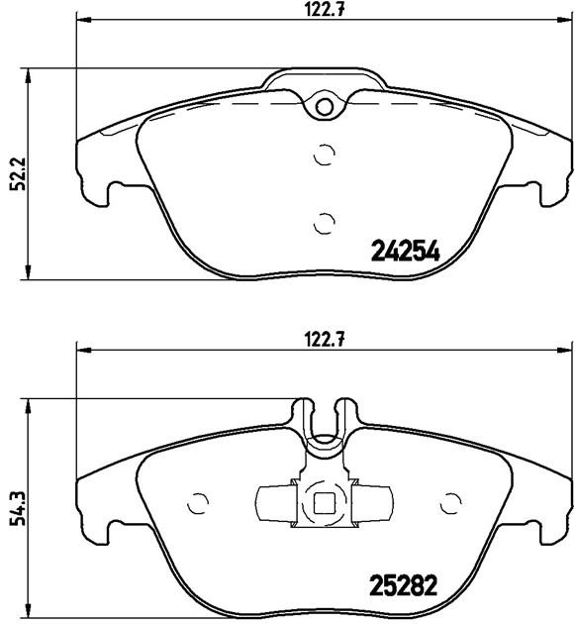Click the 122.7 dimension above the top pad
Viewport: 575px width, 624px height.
coord(325,9)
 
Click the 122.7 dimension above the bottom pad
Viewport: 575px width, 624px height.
coord(325,340)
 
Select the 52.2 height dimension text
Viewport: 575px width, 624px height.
coord(18,174)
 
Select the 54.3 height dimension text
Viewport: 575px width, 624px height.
coord(18,508)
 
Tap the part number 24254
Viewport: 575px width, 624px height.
coord(405,252)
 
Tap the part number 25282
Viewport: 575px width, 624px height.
coord(404,585)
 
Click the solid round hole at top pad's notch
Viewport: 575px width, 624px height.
coord(325,107)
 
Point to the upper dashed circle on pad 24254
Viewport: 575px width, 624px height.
coord(324,154)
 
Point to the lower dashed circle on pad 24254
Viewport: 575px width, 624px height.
coord(324,223)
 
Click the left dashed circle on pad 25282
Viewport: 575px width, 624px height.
coord(198,504)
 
